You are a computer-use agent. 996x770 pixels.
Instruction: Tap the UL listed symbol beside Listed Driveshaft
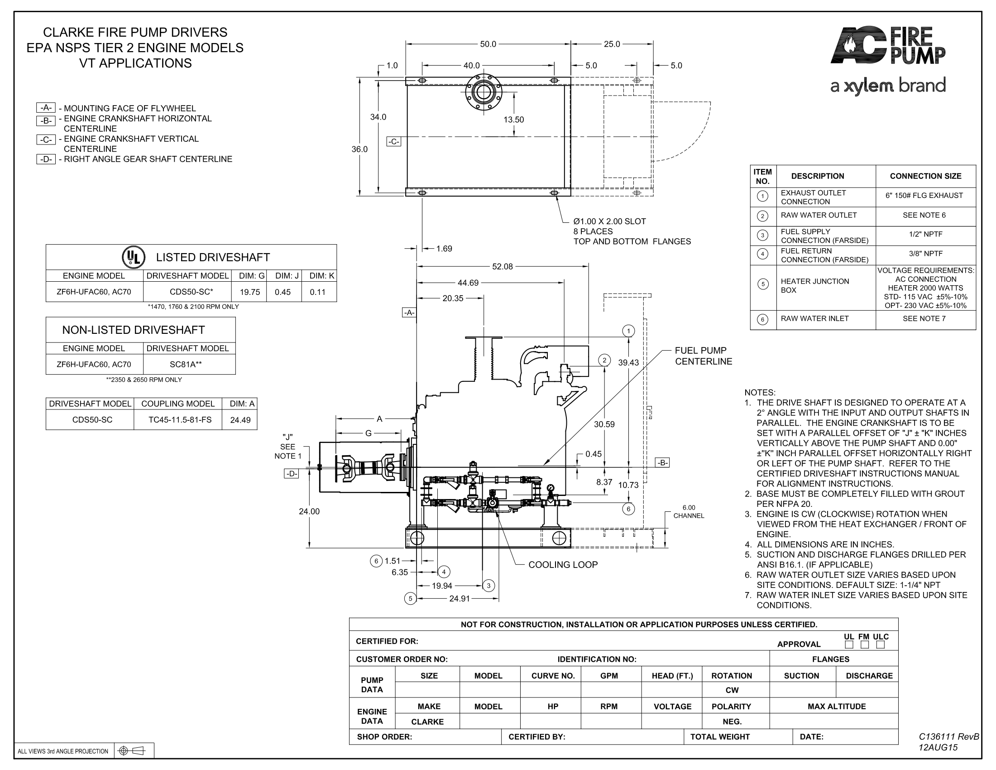(133, 257)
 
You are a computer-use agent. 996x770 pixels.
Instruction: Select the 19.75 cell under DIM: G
(250, 292)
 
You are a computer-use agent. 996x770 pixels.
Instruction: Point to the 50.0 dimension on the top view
(488, 44)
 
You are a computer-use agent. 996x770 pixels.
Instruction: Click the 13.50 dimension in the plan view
(513, 120)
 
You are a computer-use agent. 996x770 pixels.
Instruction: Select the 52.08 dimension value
(502, 266)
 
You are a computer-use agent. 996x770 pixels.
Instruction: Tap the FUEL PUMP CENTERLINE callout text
(703, 356)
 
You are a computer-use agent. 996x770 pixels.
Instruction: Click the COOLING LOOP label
(563, 565)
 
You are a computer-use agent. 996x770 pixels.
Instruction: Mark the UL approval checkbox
(849, 645)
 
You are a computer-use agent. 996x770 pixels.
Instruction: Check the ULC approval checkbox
(880, 645)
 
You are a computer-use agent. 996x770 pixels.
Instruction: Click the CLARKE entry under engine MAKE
(427, 722)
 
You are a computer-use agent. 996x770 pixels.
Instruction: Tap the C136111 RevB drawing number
(948, 736)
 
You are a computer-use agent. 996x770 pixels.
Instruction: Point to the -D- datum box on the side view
(292, 474)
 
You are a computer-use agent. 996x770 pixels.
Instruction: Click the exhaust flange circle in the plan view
(484, 92)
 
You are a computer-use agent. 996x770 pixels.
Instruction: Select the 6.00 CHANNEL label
(689, 511)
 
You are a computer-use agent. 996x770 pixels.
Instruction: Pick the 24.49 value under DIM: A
(240, 420)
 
